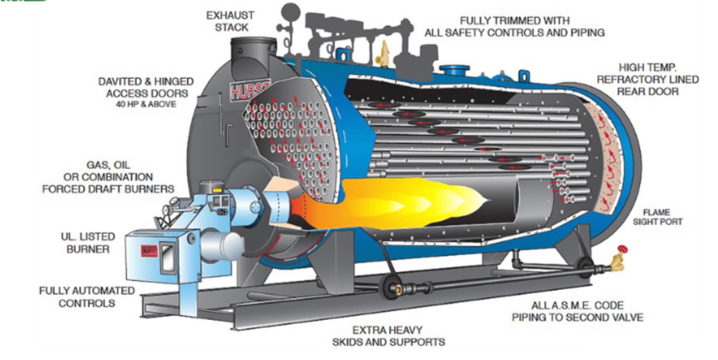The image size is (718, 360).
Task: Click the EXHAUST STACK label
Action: (x=230, y=21)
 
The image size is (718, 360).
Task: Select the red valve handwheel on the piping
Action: (x=622, y=249)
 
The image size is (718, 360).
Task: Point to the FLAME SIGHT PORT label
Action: (x=657, y=217)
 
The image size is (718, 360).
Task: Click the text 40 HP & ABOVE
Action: (x=146, y=104)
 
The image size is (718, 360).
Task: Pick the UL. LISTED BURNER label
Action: (x=88, y=243)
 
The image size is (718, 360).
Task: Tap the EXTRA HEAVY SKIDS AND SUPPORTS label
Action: (x=388, y=336)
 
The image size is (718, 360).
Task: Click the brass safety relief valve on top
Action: (x=383, y=54)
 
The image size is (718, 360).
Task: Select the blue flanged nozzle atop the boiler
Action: (x=455, y=70)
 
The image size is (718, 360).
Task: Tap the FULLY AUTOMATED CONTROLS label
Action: (x=87, y=297)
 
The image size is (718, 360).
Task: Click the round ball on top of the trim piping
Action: (x=291, y=12)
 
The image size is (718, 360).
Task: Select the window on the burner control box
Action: (x=168, y=257)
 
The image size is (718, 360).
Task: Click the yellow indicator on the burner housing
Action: (x=217, y=190)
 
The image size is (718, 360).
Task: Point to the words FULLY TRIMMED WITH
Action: (x=515, y=21)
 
